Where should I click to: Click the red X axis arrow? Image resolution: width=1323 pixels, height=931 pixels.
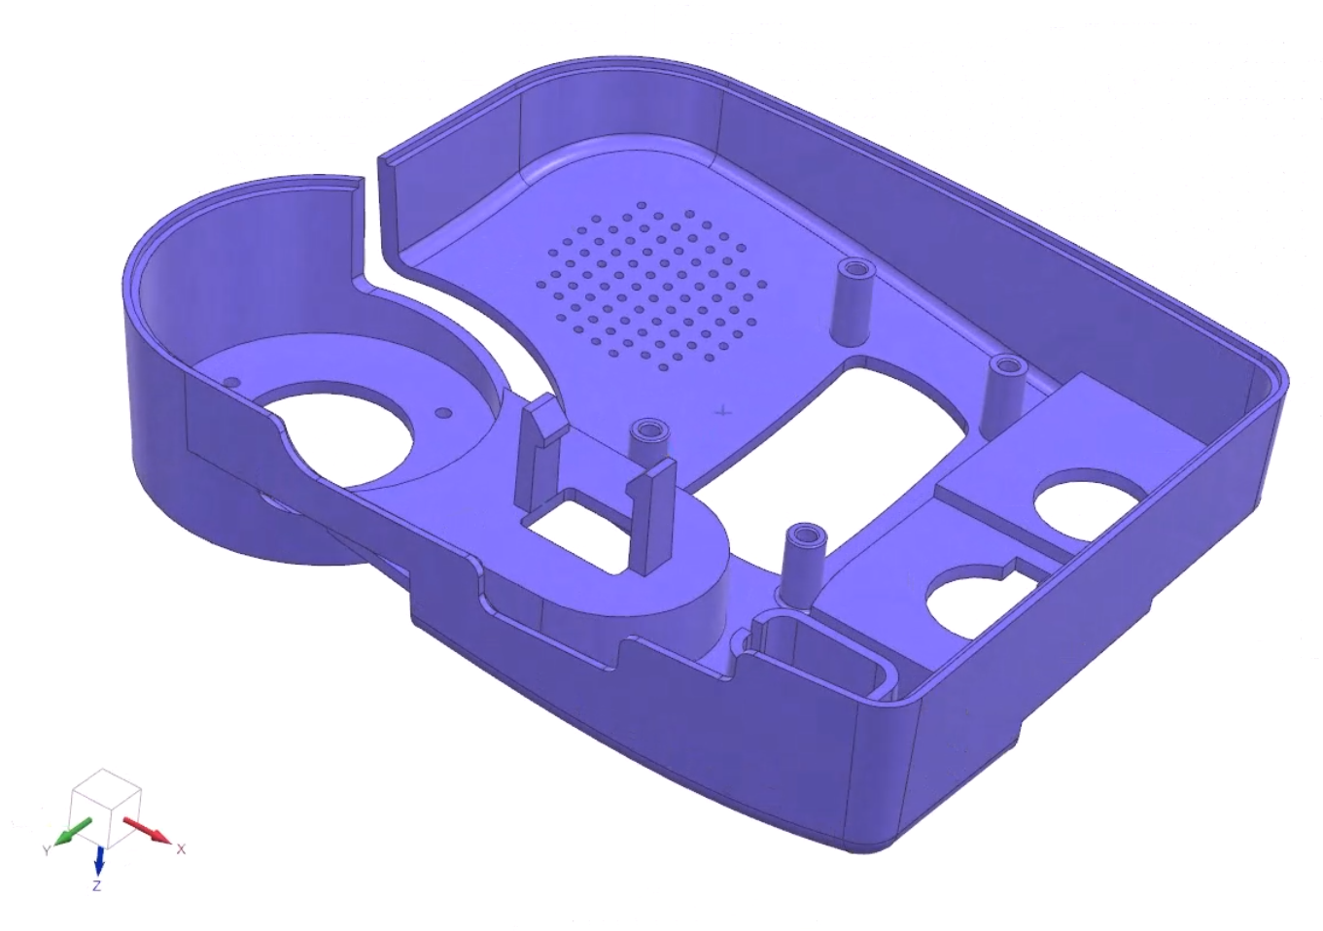(148, 831)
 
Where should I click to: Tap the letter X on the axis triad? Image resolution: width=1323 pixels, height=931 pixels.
(181, 848)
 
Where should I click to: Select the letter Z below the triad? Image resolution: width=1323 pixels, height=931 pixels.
(96, 886)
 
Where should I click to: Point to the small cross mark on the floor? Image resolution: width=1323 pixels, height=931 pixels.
(722, 411)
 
